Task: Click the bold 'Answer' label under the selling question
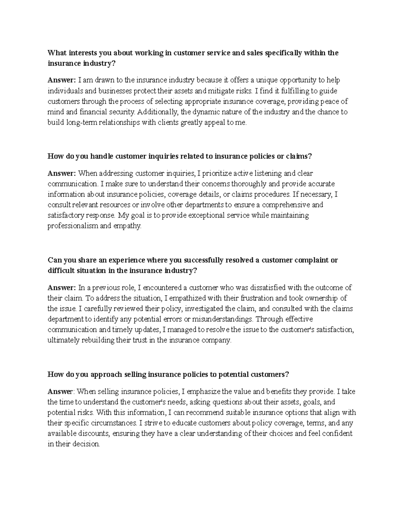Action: click(x=60, y=392)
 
